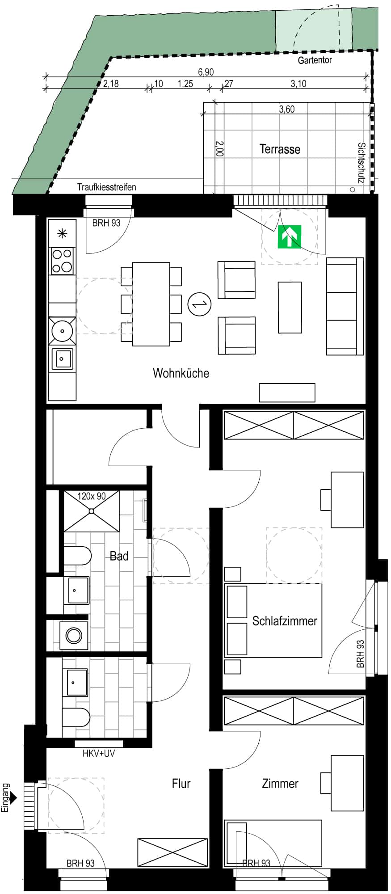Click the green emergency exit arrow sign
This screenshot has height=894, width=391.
(x=290, y=237)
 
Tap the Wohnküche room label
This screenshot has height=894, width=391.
(x=181, y=373)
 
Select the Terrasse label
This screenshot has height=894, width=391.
(x=280, y=149)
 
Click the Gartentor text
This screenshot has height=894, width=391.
(x=315, y=60)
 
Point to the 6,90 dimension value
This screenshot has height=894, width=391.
(x=206, y=72)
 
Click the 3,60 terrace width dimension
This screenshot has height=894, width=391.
(x=286, y=110)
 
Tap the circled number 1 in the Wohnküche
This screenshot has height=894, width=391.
(x=199, y=304)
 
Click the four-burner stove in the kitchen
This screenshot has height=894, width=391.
(x=63, y=261)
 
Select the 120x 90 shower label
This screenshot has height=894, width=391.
(x=91, y=496)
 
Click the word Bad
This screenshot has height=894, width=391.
(x=119, y=556)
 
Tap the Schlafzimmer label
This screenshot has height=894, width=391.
(x=285, y=621)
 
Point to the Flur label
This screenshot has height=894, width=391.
(x=181, y=784)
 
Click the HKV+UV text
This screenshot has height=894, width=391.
(x=99, y=753)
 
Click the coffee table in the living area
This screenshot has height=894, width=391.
(x=290, y=307)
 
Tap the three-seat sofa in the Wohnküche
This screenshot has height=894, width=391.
(x=345, y=306)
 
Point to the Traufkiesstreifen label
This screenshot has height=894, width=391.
(x=106, y=187)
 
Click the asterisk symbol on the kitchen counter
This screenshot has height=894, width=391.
(x=62, y=232)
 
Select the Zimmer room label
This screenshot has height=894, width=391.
(x=280, y=784)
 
